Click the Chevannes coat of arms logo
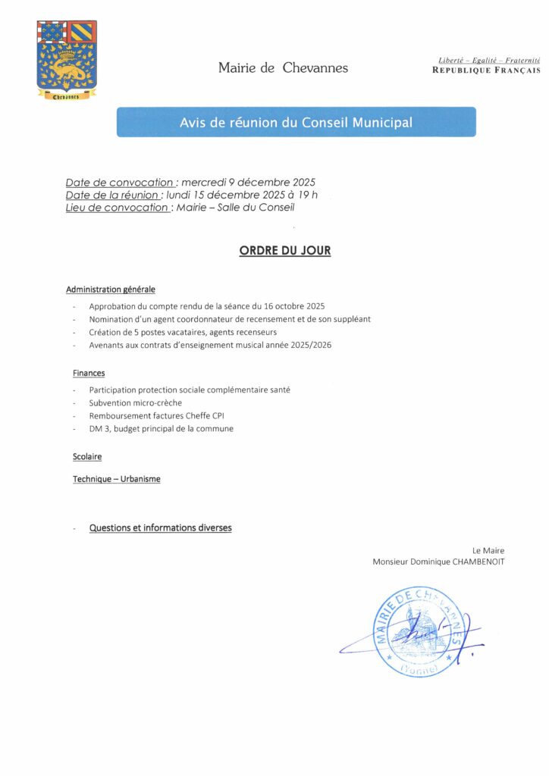click(x=67, y=60)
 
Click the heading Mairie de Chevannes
click(x=283, y=68)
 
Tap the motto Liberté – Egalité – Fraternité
click(x=489, y=60)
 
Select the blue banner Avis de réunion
click(x=296, y=122)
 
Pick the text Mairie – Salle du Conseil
click(x=235, y=207)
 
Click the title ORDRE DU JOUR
click(x=285, y=251)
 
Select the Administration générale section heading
click(x=111, y=289)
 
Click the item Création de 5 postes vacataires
click(x=183, y=332)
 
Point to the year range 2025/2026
click(x=312, y=345)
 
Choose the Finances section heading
click(x=89, y=373)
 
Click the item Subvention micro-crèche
click(x=135, y=402)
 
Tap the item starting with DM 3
click(x=161, y=428)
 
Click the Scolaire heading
click(x=87, y=457)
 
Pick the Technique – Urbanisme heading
click(x=117, y=479)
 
